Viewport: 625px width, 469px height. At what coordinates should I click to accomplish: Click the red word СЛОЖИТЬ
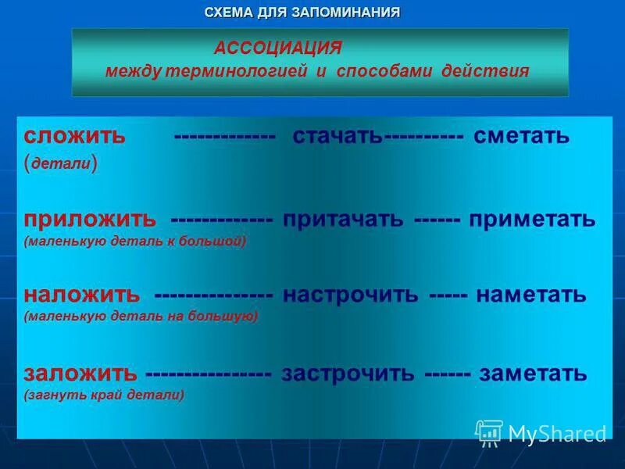(75, 136)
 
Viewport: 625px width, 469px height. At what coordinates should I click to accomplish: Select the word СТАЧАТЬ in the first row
(337, 136)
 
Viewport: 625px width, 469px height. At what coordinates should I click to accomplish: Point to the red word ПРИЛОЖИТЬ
(90, 219)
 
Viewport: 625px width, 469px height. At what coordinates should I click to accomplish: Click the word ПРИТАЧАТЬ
(344, 220)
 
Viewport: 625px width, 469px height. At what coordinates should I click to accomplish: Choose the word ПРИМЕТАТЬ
(533, 220)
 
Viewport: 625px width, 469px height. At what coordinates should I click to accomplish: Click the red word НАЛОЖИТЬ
(82, 295)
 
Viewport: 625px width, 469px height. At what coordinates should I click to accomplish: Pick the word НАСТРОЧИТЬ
(351, 295)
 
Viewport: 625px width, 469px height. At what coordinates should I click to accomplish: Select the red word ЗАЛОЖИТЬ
(80, 373)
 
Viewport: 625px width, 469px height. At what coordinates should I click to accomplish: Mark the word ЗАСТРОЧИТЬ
(348, 373)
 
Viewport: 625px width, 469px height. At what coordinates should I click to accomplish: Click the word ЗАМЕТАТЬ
(533, 373)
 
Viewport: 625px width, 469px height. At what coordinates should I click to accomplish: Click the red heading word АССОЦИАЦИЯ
(278, 48)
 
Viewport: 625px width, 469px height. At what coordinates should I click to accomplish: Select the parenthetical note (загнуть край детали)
(104, 396)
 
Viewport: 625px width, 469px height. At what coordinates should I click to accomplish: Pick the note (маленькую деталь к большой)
(134, 242)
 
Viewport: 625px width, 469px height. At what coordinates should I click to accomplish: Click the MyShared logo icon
(489, 432)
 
